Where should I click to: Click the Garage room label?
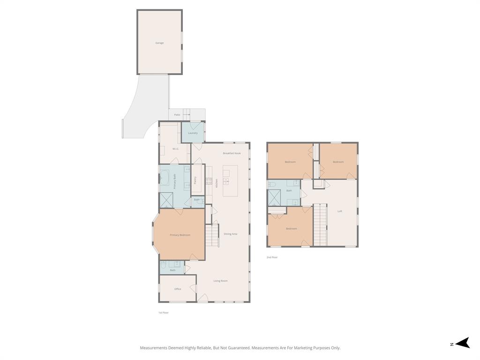point(159,43)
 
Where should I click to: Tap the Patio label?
point(177,114)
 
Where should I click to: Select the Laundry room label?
point(193,133)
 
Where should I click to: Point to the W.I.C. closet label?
point(175,149)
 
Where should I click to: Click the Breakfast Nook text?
point(232,153)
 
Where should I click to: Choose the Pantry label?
point(195,180)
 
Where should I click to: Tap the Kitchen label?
point(217,183)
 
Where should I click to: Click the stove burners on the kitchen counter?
point(209,181)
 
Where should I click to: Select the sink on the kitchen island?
point(226,181)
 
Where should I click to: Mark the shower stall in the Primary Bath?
point(166,200)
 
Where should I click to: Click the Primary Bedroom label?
point(180,235)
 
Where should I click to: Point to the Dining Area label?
point(230,234)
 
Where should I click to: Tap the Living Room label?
point(220,281)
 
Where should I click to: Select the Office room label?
point(178,289)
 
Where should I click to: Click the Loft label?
point(340,211)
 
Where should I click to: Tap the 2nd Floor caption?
point(272,257)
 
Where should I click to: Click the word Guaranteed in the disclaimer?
point(237,348)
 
